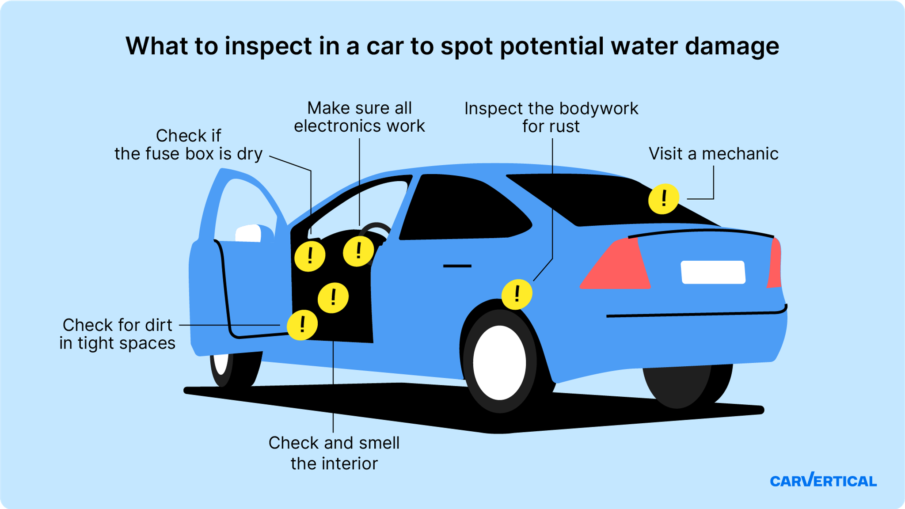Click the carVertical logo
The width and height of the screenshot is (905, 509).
pyautogui.click(x=823, y=480)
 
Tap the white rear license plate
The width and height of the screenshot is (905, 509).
pyautogui.click(x=713, y=272)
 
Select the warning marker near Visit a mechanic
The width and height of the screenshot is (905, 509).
pyautogui.click(x=663, y=199)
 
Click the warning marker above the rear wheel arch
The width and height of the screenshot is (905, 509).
pyautogui.click(x=517, y=294)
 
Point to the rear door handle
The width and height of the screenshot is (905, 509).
pyautogui.click(x=457, y=266)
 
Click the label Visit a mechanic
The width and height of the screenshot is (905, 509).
pyautogui.click(x=713, y=154)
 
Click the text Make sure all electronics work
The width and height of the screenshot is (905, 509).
pyautogui.click(x=359, y=117)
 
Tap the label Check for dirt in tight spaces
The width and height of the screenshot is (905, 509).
pyautogui.click(x=117, y=334)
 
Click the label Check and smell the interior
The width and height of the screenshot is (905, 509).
pyautogui.click(x=334, y=453)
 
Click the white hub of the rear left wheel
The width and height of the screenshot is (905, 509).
pyautogui.click(x=499, y=362)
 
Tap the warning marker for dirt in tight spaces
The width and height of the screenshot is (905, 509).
pyautogui.click(x=302, y=325)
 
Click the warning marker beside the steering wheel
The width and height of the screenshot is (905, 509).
pyautogui.click(x=358, y=251)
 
